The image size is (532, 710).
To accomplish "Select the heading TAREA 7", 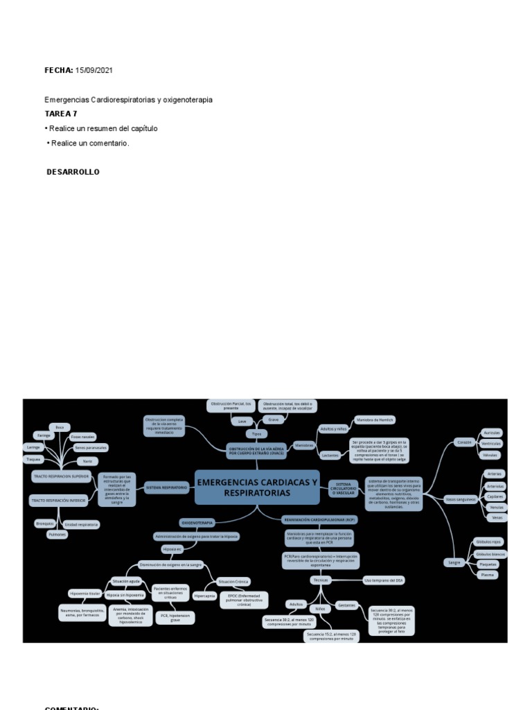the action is click(x=61, y=114).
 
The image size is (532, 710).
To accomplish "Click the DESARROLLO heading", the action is click(x=73, y=172).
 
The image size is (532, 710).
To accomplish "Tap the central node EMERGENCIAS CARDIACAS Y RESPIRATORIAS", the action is click(x=257, y=487).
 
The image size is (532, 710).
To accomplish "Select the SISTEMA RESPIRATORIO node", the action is click(x=166, y=488).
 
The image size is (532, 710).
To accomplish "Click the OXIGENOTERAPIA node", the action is click(x=197, y=521).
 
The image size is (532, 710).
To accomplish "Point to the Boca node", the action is click(x=59, y=427).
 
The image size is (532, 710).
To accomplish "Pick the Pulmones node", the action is click(x=57, y=534).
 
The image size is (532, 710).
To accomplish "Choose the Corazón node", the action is click(x=463, y=442).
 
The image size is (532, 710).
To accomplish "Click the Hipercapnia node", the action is click(x=205, y=596).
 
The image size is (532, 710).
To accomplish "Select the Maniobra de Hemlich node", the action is click(x=374, y=419).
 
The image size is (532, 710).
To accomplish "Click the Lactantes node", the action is click(x=330, y=455).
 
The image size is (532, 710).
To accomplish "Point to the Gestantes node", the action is click(x=346, y=605).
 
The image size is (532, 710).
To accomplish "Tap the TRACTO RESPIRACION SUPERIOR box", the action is click(x=61, y=477).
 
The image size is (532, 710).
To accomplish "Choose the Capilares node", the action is click(x=495, y=496).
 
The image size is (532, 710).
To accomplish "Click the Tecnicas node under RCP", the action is click(x=321, y=579).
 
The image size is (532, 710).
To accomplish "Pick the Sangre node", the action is click(x=454, y=562).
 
